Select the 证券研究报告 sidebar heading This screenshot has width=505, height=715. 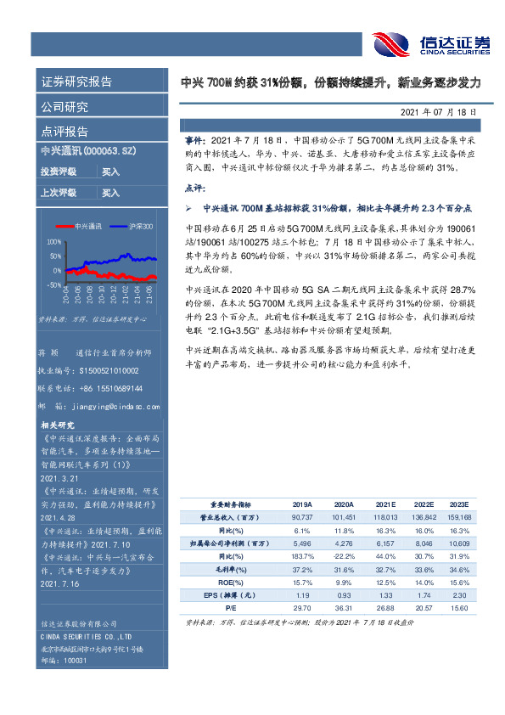pos(76,82)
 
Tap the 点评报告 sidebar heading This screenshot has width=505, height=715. pos(65,132)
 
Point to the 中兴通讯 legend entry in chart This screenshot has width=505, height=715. pos(88,227)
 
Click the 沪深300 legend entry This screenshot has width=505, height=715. pos(141,227)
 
